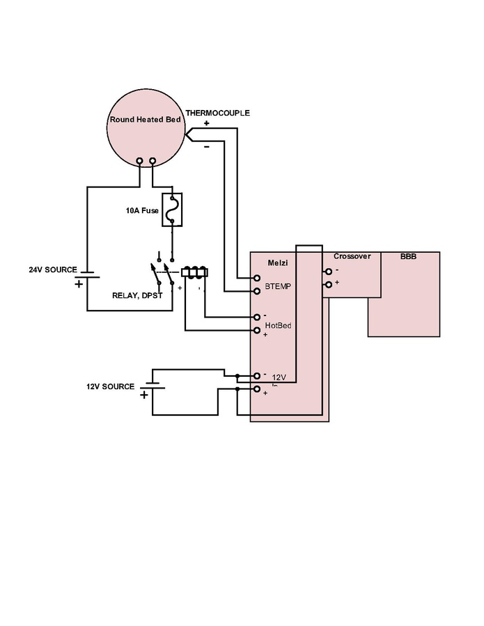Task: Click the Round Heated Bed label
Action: (x=145, y=119)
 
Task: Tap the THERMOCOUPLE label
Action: (x=217, y=113)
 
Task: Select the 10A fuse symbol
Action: (x=172, y=210)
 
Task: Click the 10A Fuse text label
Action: (x=142, y=210)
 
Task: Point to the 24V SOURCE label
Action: (x=52, y=269)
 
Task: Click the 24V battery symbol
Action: (x=87, y=278)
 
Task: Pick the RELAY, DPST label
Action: (x=136, y=295)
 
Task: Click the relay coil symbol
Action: (x=195, y=272)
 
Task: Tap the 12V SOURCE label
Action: (x=110, y=386)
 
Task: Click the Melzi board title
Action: (x=278, y=263)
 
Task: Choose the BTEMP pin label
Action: (x=277, y=285)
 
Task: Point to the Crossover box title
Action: (x=352, y=256)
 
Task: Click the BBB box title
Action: (x=408, y=256)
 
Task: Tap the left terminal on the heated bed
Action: (x=140, y=162)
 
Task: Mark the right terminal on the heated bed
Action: (x=153, y=162)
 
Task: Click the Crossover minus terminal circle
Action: (x=329, y=272)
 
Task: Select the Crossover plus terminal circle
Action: (x=329, y=284)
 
